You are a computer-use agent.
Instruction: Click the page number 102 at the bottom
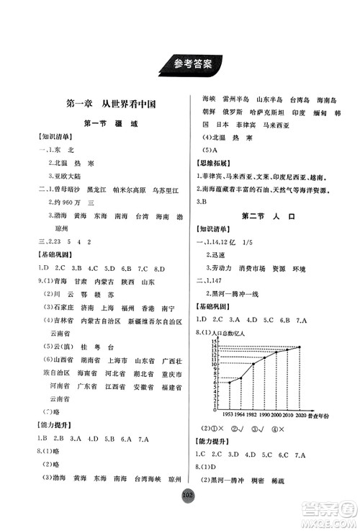click(180, 516)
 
